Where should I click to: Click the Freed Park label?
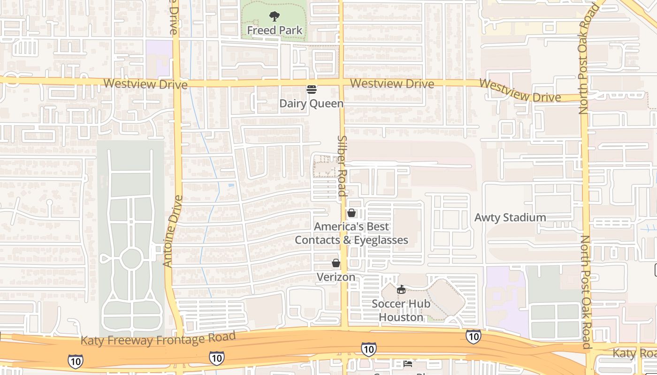[275, 30]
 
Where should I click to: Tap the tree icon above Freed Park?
[275, 17]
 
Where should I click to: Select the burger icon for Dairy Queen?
[312, 90]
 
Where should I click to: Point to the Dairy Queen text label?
[312, 103]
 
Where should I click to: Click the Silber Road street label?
[342, 166]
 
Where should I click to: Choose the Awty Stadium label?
[510, 217]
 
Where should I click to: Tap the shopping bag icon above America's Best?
[351, 213]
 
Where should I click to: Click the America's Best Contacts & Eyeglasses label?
[351, 233]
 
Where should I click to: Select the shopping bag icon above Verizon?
[336, 263]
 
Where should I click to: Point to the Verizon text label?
[336, 277]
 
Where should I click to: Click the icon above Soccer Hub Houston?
[401, 290]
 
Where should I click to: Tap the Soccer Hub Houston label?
[401, 310]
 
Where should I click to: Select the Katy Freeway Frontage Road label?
[158, 338]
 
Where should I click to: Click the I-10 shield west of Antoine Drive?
[75, 361]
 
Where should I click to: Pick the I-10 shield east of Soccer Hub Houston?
[473, 336]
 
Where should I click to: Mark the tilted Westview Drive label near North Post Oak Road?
[520, 91]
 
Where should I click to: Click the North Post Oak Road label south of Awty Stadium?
[586, 292]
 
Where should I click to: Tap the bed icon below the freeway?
[408, 364]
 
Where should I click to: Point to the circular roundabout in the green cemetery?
[131, 258]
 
